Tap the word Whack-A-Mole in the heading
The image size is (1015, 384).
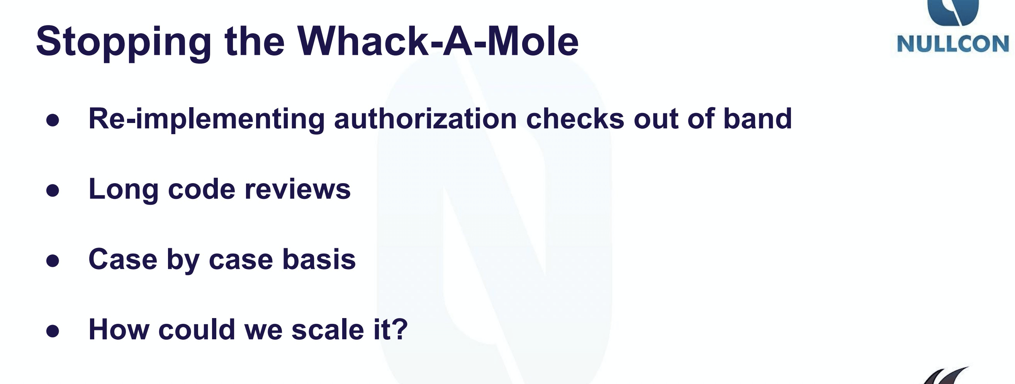point(438,41)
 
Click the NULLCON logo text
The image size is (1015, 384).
point(953,44)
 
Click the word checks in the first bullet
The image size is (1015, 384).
point(575,118)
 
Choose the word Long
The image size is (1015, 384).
point(123,190)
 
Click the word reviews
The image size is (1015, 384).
point(297,189)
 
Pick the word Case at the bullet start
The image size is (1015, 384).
point(123,260)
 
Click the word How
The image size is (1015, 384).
point(119,330)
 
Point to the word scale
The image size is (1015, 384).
point(328,330)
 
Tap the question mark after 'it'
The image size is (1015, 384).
point(400,330)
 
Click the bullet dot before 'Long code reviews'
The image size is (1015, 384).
point(53,191)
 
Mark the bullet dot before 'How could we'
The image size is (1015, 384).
point(53,331)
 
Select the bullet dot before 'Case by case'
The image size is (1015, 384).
point(53,261)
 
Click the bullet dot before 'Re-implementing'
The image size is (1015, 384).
point(53,120)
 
